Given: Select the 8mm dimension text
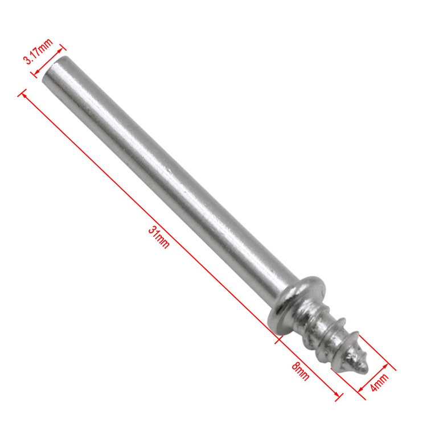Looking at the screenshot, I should (x=301, y=371).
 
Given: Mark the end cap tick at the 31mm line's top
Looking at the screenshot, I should (x=22, y=93).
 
